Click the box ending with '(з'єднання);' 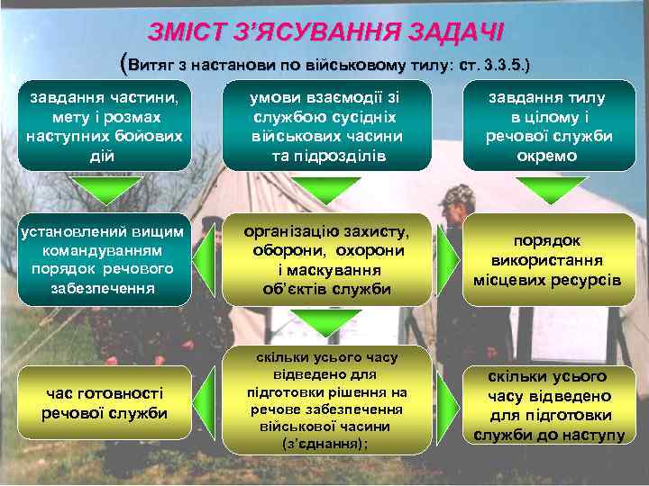pyautogui.click(x=326, y=400)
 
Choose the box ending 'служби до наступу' pyautogui.click(x=548, y=405)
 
